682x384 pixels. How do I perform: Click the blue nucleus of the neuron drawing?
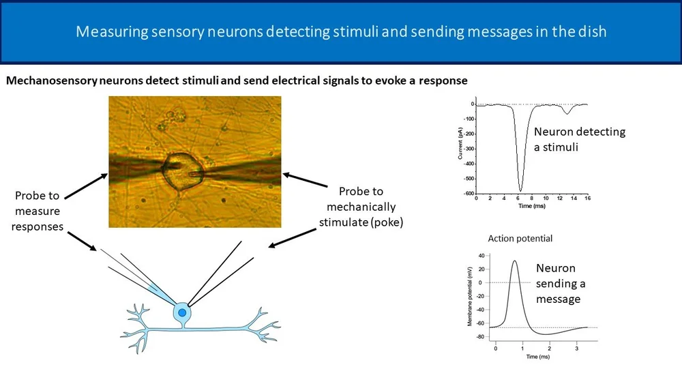182,312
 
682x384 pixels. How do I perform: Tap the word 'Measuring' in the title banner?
109,31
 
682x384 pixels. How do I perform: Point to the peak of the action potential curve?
514,261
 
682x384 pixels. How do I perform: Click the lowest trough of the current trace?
520,190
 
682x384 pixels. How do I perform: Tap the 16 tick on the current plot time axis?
587,198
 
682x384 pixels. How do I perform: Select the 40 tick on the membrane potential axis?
481,256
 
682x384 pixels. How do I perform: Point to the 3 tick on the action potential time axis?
577,349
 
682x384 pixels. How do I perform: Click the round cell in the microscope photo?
180,169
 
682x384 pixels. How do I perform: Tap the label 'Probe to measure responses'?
39,211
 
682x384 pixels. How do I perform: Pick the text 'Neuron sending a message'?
560,284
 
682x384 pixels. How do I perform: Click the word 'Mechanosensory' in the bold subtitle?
50,80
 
